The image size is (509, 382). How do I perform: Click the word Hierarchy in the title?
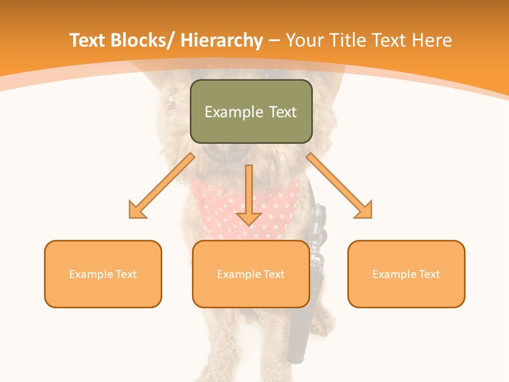pos(222,40)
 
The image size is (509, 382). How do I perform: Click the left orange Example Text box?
pos(103,274)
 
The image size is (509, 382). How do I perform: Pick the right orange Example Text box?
pos(406,274)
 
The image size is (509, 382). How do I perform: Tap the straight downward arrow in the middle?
pos(249,196)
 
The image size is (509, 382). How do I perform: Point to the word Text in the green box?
pos(282,112)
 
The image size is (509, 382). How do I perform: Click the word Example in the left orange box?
pos(91,274)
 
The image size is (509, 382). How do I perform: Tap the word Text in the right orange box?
pos(430,274)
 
